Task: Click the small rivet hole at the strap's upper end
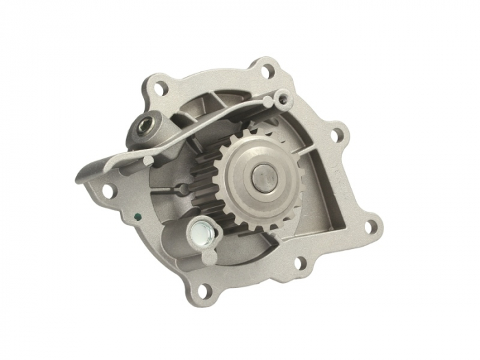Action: click(x=282, y=100)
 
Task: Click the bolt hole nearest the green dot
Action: click(x=108, y=189)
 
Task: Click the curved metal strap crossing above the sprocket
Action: click(x=206, y=130)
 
